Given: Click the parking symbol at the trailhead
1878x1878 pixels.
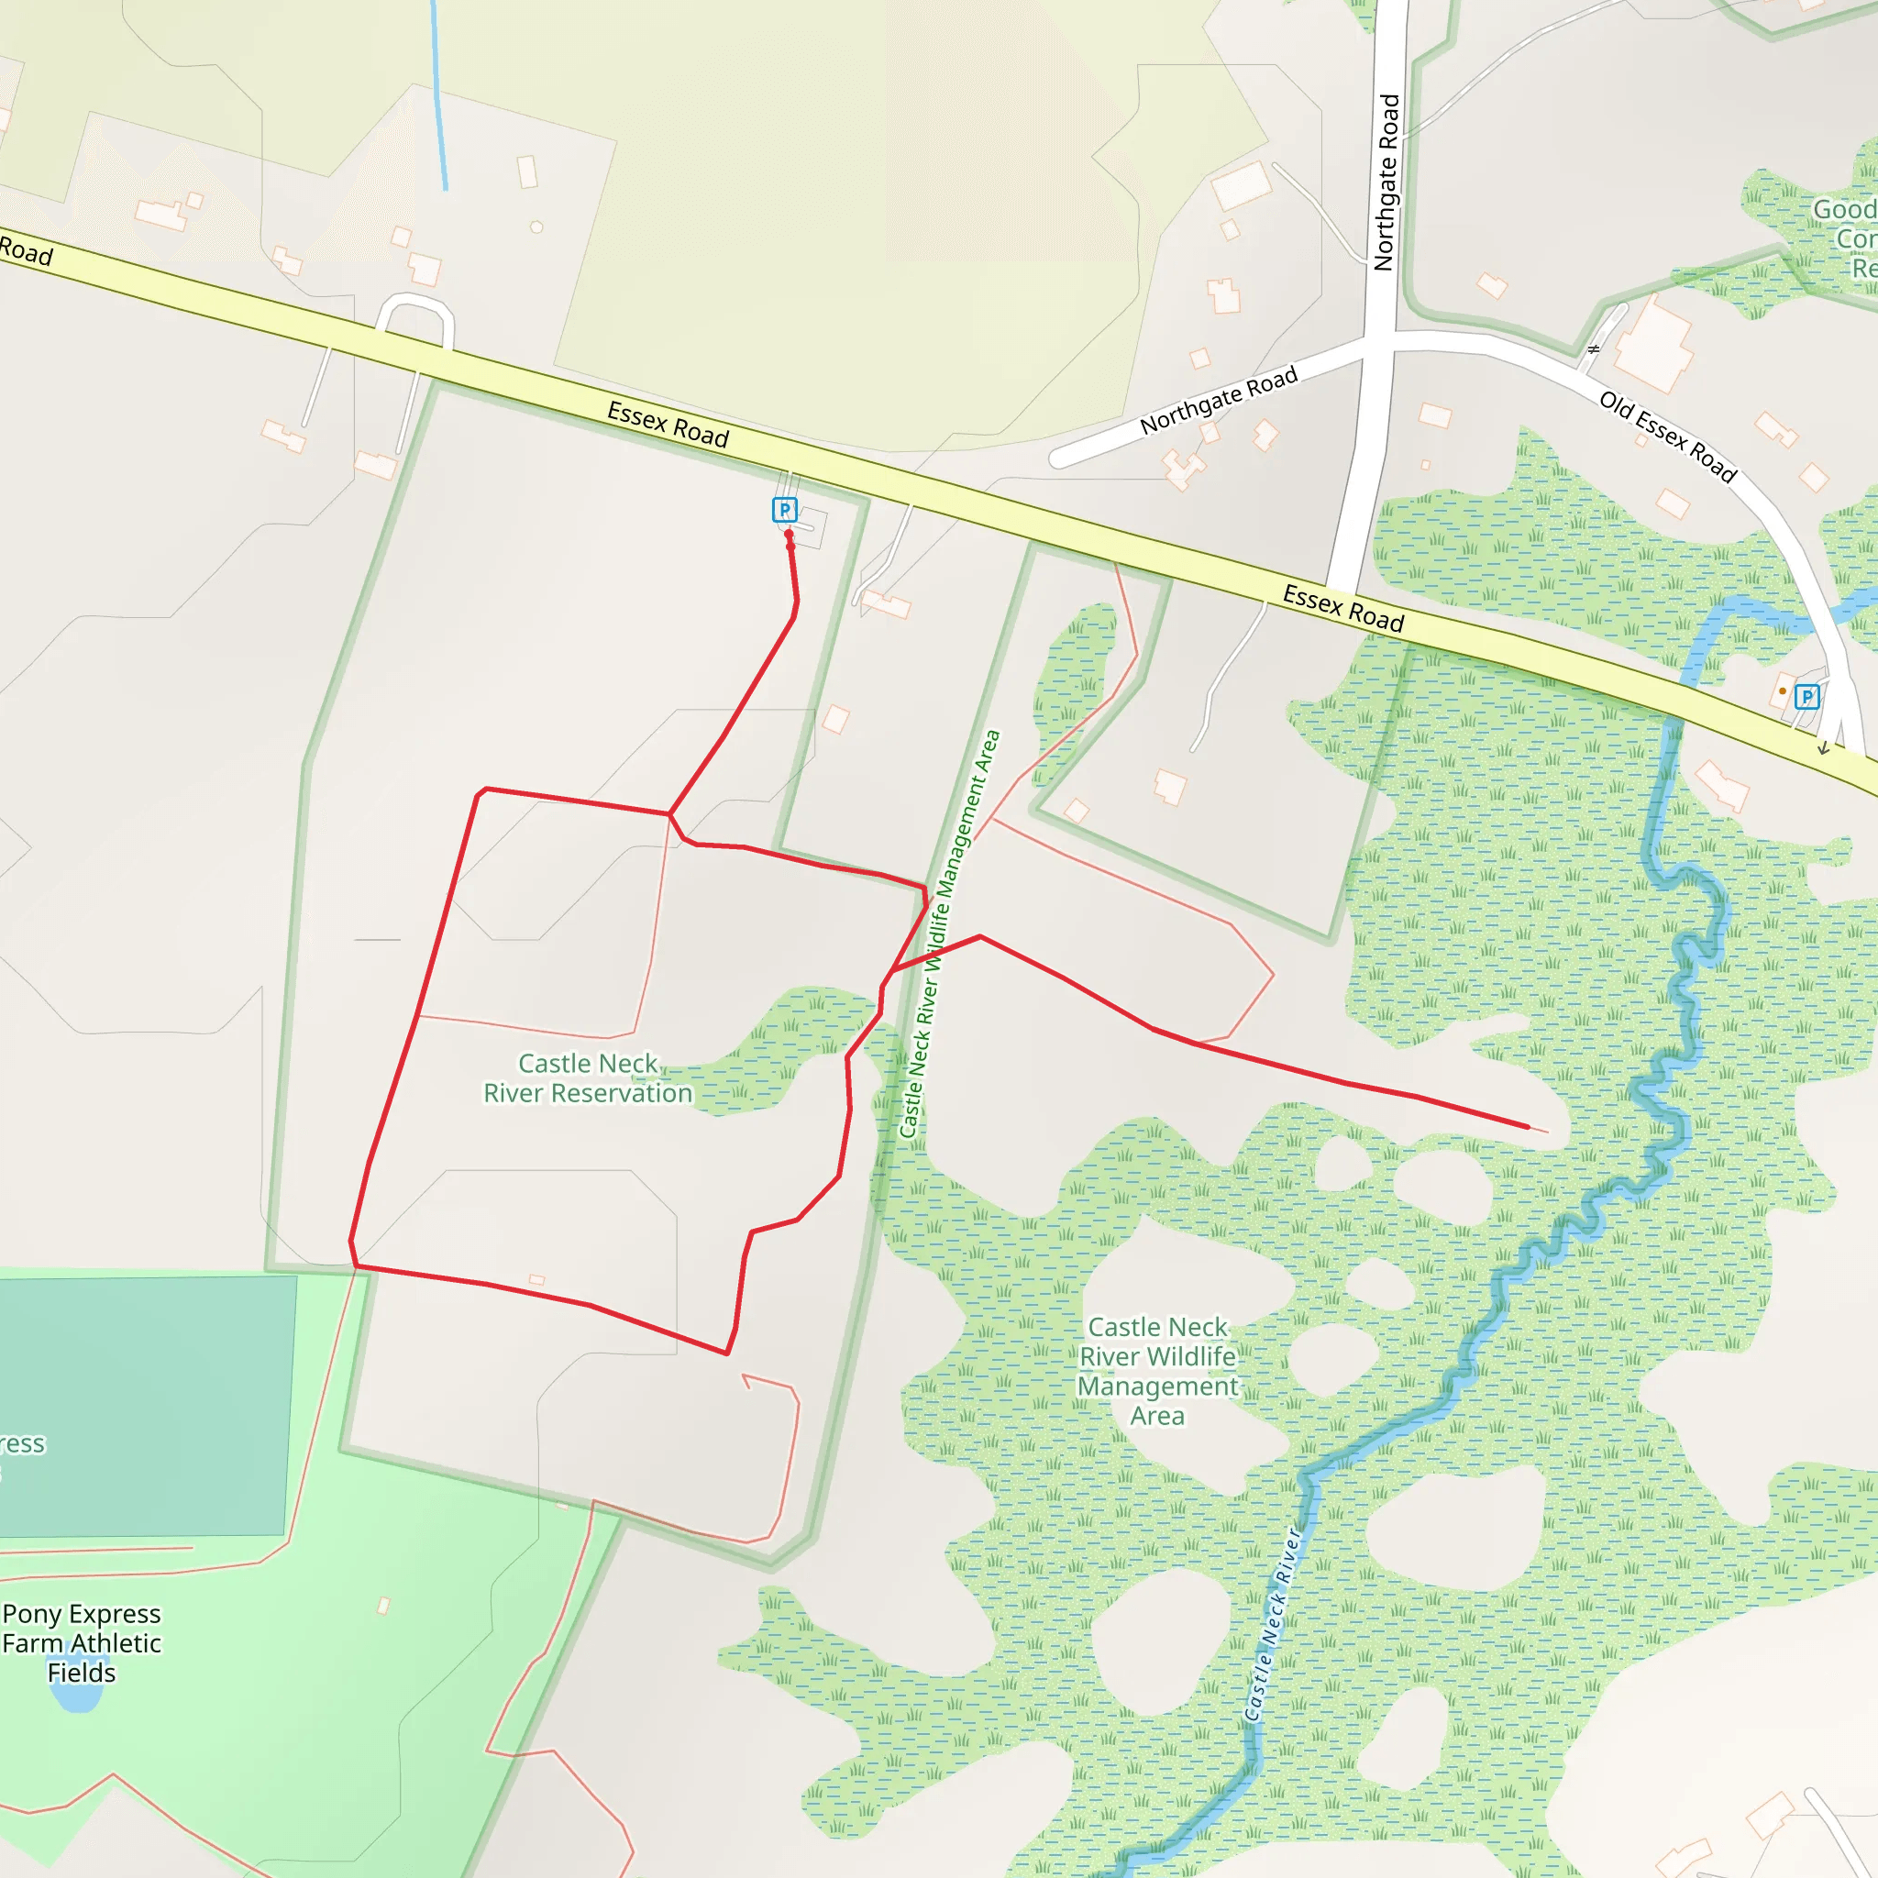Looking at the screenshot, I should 784,509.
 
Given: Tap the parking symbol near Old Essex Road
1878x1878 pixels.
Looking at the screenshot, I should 1806,696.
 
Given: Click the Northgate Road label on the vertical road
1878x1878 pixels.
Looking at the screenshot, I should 1387,182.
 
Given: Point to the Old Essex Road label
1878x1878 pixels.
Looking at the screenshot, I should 1667,436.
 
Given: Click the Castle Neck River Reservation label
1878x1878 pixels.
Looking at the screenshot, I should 588,1078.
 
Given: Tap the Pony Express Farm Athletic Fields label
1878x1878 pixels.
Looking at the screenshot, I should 82,1642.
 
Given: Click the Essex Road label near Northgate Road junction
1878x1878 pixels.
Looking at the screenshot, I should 1342,609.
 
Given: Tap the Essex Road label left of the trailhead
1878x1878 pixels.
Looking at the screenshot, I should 668,425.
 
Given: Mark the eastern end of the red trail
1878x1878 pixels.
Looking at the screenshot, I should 1528,1128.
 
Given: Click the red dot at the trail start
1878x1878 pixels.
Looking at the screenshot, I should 789,534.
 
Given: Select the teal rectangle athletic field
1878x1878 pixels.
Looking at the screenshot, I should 146,1404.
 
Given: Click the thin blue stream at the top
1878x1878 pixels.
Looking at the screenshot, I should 438,97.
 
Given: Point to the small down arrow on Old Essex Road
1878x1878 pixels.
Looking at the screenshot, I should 1824,747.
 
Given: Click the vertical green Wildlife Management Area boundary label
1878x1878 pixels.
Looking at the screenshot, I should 949,934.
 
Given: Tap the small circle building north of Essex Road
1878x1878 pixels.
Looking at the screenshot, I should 536,227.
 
